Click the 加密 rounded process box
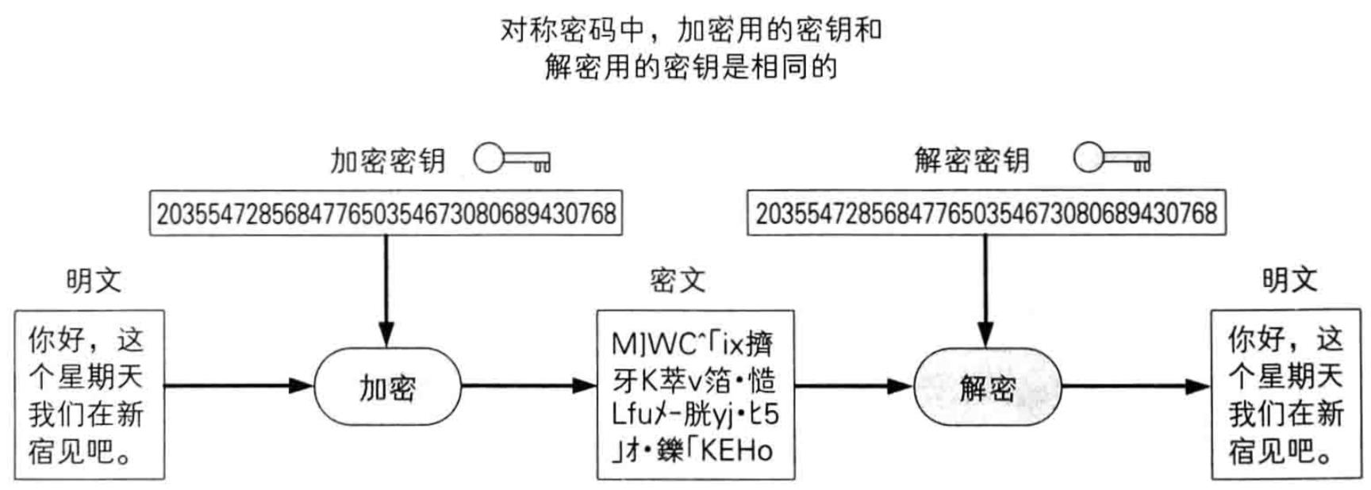tap(387, 388)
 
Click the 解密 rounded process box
tap(987, 388)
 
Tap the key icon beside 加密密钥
tap(512, 159)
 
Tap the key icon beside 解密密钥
tap(1112, 158)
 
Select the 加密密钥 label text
tap(387, 161)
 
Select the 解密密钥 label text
tap(971, 160)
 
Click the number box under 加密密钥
tap(386, 212)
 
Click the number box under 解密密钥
tap(986, 212)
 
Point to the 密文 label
tap(677, 280)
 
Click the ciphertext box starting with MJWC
tap(695, 395)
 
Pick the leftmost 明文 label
tap(94, 280)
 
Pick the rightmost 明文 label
tap(1290, 279)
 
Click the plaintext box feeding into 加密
tap(89, 395)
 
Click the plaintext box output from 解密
tap(1286, 395)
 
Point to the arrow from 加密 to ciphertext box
tap(528, 386)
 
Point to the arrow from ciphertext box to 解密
tap(854, 386)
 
